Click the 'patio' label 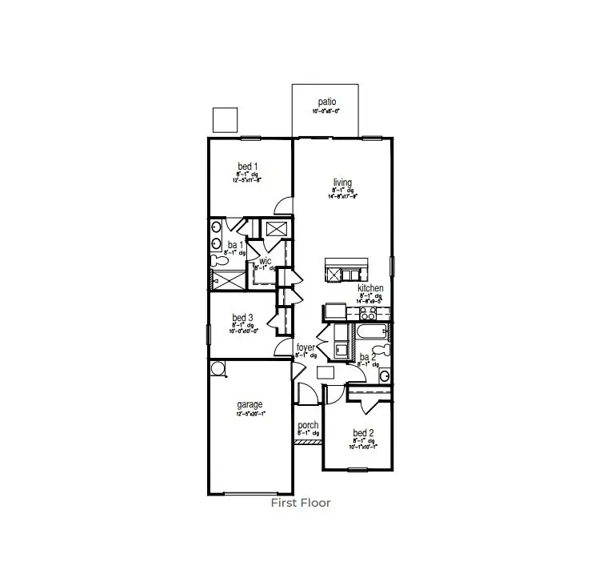click(326, 102)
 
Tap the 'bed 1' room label click(247, 166)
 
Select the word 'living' click(342, 183)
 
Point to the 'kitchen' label click(370, 288)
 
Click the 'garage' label click(249, 405)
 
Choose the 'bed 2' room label click(363, 433)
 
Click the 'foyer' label click(306, 347)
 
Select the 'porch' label click(308, 425)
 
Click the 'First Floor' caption click(301, 503)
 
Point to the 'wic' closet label click(265, 261)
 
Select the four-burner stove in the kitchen click(333, 310)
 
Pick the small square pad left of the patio click(225, 119)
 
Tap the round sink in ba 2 click(384, 375)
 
